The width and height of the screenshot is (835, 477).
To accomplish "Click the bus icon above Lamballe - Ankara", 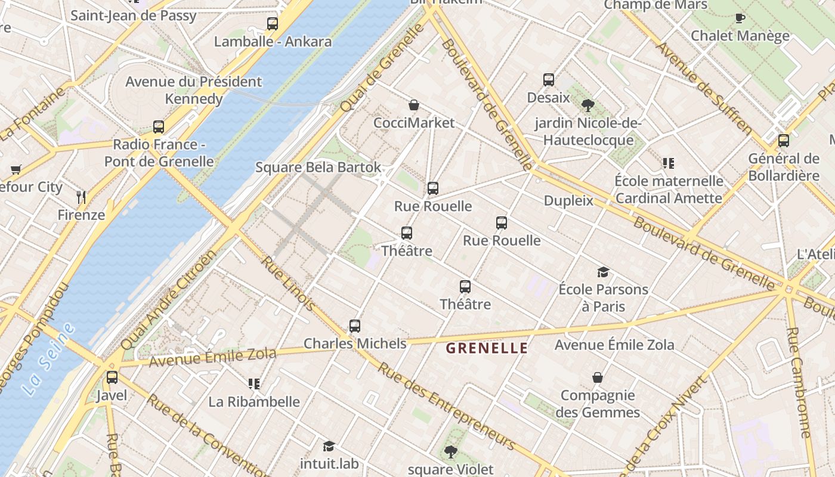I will (x=273, y=24).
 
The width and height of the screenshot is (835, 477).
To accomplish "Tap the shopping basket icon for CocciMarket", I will (x=414, y=106).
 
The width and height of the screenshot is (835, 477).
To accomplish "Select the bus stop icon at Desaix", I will (x=549, y=80).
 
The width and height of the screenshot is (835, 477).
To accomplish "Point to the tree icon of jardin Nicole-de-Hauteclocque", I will (x=587, y=106).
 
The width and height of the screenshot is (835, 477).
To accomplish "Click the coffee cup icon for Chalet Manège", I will (x=740, y=18).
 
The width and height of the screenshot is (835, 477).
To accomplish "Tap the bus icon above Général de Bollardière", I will (x=784, y=141).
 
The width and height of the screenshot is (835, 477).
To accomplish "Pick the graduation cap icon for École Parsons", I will (x=603, y=272).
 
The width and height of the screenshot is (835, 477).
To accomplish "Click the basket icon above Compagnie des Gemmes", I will (x=598, y=377).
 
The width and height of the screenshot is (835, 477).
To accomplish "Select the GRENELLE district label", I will (x=487, y=348).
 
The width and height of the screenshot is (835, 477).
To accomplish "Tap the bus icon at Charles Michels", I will (x=355, y=326).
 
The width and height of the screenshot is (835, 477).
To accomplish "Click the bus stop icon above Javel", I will (x=112, y=377).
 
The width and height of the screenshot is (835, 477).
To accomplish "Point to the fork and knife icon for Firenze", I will (x=82, y=197).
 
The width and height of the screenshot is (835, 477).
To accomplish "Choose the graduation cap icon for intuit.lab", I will (x=329, y=446).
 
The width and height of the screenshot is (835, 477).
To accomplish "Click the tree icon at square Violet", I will (x=451, y=452).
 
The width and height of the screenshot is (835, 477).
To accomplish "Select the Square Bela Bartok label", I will (x=318, y=167).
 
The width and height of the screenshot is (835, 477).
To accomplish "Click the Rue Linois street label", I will (x=289, y=284).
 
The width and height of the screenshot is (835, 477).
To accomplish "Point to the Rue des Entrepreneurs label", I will (x=446, y=406).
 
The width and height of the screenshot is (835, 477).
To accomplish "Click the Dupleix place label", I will (x=568, y=200).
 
